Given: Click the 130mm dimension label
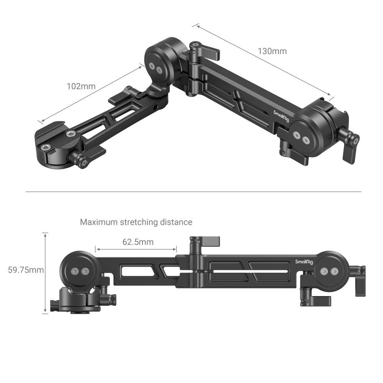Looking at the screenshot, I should pyautogui.click(x=272, y=51).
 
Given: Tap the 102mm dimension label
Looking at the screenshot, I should pyautogui.click(x=81, y=86).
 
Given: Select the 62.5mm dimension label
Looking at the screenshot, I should pyautogui.click(x=138, y=242).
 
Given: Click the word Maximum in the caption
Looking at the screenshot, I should pyautogui.click(x=99, y=222).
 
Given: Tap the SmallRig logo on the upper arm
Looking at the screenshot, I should pyautogui.click(x=281, y=118).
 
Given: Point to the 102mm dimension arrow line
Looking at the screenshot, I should pyautogui.click(x=90, y=94).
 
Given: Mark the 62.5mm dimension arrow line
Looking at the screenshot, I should pyautogui.click(x=136, y=249).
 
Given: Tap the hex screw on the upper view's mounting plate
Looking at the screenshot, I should pyautogui.click(x=70, y=134).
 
